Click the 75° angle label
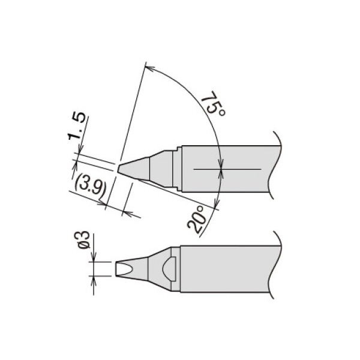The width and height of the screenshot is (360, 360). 213,105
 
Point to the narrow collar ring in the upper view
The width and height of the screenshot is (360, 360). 177,169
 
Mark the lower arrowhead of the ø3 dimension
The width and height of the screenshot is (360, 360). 93,279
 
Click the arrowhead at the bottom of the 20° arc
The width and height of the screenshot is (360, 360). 217,204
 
